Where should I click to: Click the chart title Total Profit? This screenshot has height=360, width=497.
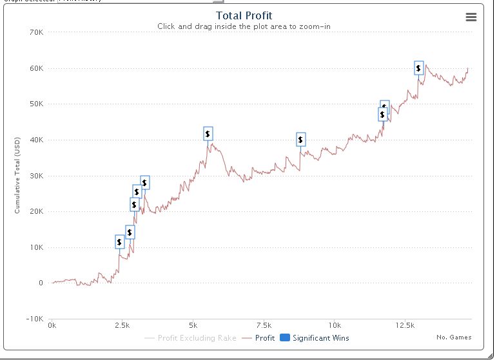click(x=244, y=15)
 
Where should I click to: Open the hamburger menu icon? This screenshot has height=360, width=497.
click(x=471, y=17)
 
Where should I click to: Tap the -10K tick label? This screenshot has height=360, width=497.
click(x=34, y=319)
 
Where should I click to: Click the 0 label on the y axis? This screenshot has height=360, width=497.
click(x=41, y=283)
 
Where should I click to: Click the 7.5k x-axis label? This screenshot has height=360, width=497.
click(x=264, y=325)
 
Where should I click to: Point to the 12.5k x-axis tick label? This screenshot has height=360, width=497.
click(x=405, y=325)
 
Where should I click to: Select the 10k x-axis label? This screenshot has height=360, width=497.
click(x=335, y=325)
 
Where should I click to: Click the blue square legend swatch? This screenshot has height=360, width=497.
click(x=285, y=338)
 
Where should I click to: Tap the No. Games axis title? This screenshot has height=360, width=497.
click(x=454, y=337)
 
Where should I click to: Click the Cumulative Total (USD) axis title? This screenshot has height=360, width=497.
click(x=17, y=175)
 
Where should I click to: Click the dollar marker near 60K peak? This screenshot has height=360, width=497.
click(x=419, y=68)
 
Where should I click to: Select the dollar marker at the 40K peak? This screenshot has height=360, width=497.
click(x=208, y=133)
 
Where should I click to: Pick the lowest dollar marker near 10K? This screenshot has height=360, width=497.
click(x=119, y=242)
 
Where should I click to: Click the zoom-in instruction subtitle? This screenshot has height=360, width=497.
click(x=244, y=26)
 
